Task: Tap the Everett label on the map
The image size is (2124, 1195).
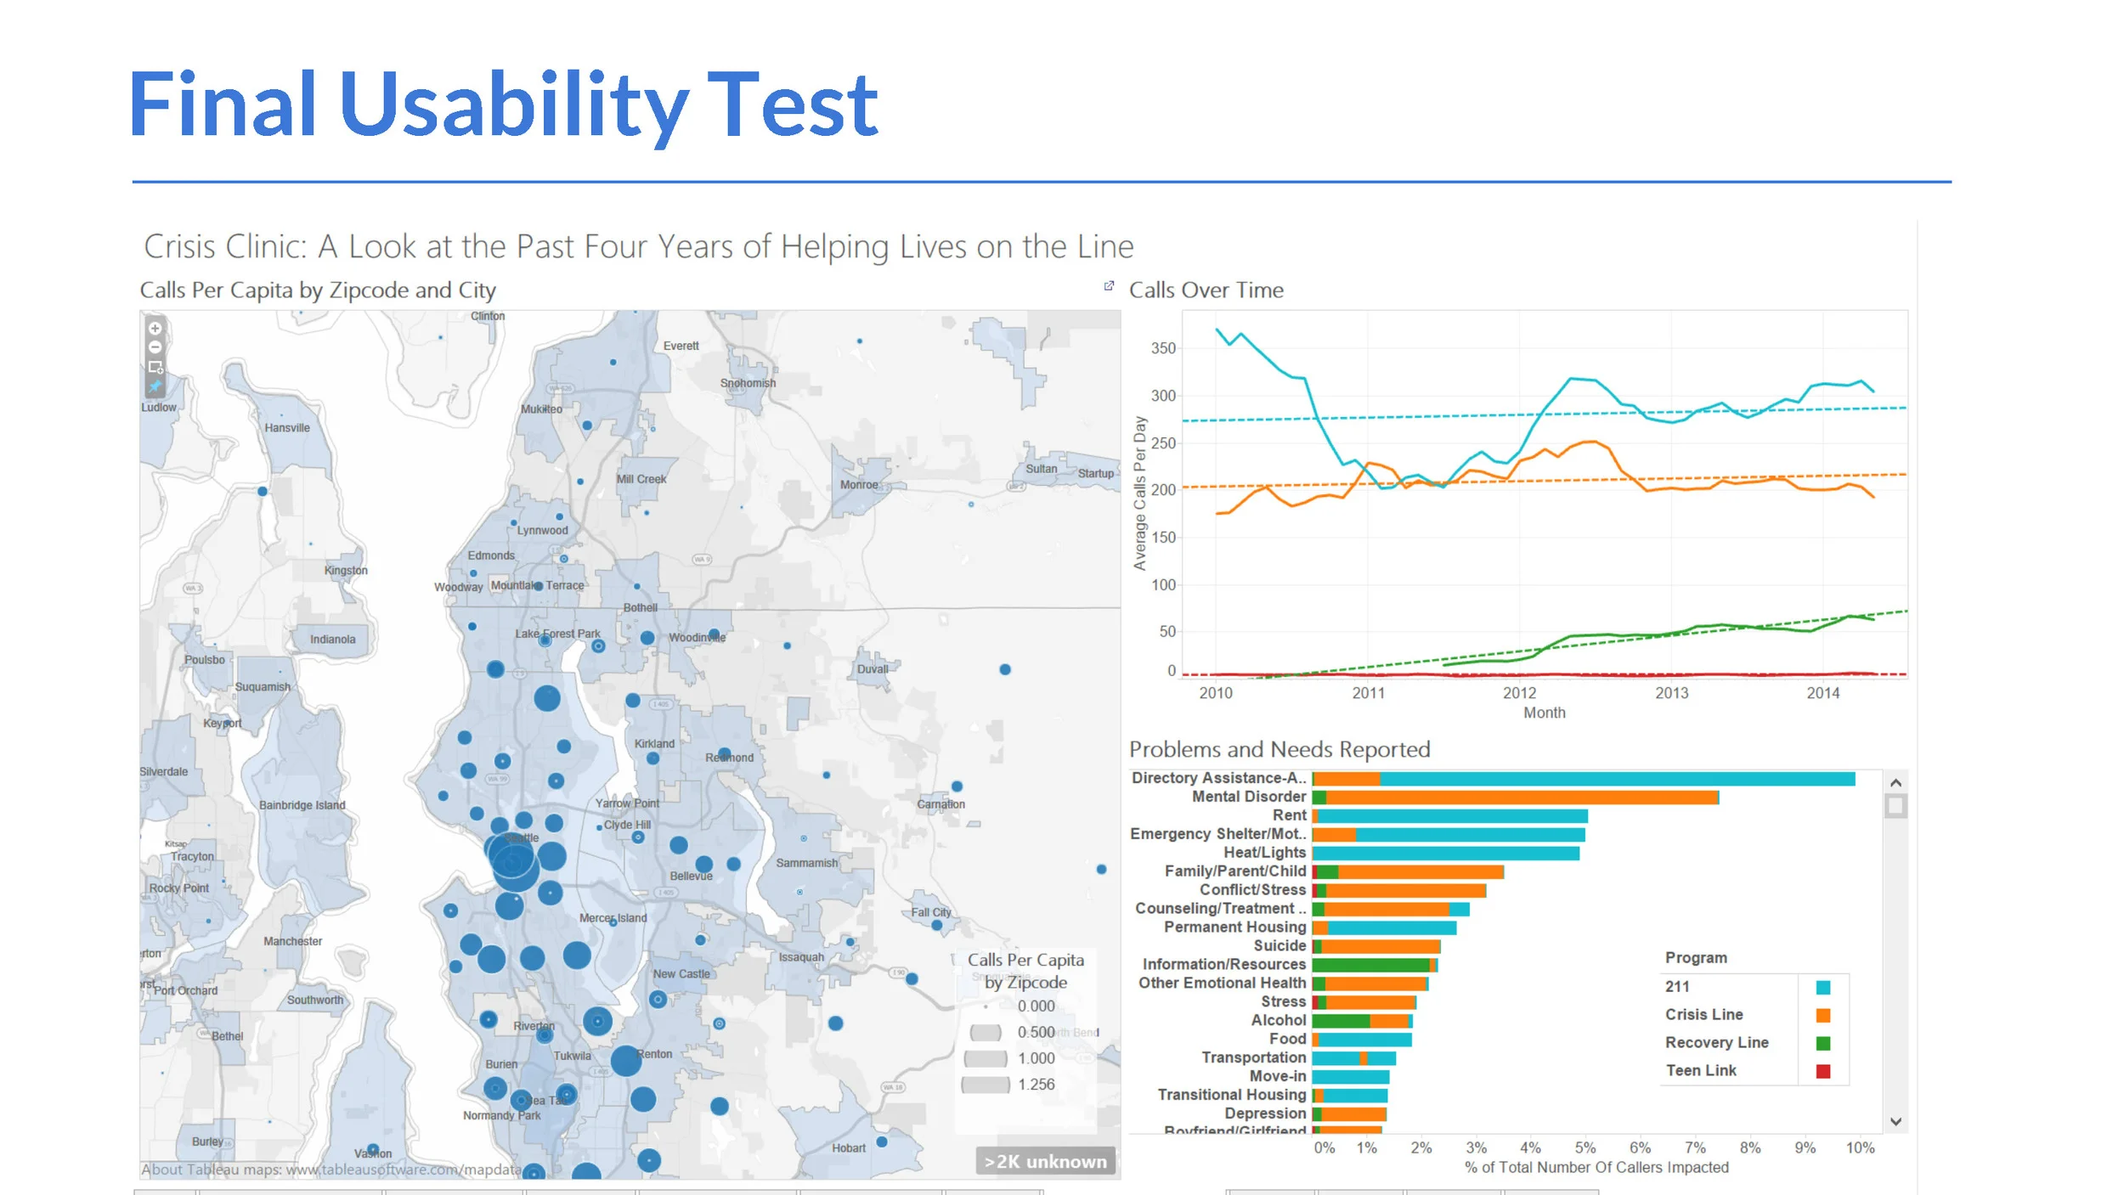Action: (x=681, y=346)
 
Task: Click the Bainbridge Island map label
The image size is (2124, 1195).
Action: (x=302, y=805)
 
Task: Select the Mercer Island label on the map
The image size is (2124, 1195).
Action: (x=613, y=918)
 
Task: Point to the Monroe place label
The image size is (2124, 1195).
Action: (x=859, y=485)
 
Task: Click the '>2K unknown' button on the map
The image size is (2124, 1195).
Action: (x=1045, y=1161)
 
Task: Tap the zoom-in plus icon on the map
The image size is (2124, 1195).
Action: (x=155, y=329)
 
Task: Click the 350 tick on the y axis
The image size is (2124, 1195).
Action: (x=1163, y=348)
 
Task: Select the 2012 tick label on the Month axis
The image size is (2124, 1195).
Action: (x=1519, y=693)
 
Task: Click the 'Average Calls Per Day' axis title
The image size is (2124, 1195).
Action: (x=1140, y=493)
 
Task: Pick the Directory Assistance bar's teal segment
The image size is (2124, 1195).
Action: (x=1614, y=779)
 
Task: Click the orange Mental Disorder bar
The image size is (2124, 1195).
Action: (x=1521, y=798)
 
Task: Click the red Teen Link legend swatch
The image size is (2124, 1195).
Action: (x=1822, y=1071)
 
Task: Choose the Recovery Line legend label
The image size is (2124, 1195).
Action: (x=1716, y=1043)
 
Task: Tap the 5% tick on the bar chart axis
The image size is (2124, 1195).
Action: (x=1585, y=1148)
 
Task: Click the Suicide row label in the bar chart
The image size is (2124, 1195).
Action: (x=1279, y=946)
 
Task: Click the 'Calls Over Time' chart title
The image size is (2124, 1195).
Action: (x=1206, y=290)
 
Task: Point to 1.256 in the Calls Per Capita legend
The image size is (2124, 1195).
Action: (x=1036, y=1085)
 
